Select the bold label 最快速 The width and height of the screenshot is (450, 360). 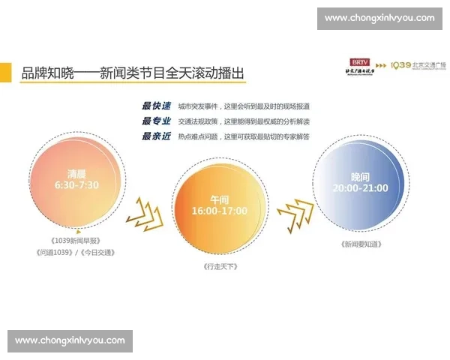coord(156,106)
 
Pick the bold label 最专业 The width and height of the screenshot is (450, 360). coord(156,121)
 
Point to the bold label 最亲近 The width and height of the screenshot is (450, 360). coord(156,136)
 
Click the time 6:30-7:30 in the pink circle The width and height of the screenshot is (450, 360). coord(76,184)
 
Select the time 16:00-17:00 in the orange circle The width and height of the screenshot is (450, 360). coord(218,211)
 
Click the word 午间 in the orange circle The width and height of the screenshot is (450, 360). coord(218,199)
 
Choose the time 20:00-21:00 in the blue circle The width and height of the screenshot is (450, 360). coord(360,187)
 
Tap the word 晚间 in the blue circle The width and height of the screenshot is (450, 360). coord(360,175)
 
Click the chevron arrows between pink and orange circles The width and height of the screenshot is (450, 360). coord(144,213)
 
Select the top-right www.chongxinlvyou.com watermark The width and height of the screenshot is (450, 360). coord(379,18)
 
